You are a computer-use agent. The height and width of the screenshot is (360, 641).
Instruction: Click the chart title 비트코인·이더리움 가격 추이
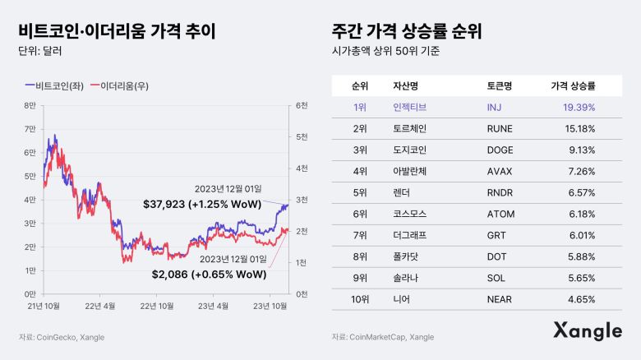tap(117, 32)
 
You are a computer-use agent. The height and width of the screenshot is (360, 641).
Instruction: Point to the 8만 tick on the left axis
tap(30, 105)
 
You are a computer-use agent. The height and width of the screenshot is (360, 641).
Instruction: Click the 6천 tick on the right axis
tap(301, 105)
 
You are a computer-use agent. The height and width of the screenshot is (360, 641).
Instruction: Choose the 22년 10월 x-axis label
tap(159, 306)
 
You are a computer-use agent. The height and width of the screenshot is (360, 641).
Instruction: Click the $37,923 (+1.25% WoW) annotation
tap(201, 204)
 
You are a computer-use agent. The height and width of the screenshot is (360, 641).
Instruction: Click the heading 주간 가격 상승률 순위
tap(406, 32)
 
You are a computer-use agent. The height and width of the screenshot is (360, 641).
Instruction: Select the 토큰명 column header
tap(500, 85)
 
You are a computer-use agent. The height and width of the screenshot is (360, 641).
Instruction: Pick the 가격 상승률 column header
tap(573, 85)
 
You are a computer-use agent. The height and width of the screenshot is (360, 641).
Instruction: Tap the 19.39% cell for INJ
tap(579, 107)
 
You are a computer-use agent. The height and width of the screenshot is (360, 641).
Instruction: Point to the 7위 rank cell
tap(359, 235)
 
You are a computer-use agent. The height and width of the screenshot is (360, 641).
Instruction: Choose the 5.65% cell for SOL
tap(581, 278)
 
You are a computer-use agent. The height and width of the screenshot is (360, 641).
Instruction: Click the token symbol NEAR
tap(500, 299)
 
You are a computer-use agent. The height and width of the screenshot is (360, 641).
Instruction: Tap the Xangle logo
tap(587, 331)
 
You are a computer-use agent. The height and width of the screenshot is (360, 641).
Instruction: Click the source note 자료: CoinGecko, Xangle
tap(62, 337)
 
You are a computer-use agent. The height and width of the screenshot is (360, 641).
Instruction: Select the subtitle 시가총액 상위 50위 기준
tap(382, 52)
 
